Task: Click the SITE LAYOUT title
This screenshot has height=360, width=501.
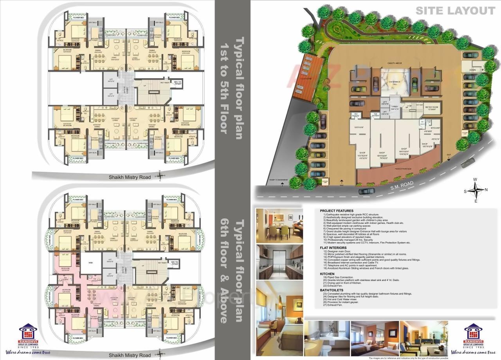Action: point(455,11)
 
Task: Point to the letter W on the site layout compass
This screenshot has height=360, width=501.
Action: point(475,180)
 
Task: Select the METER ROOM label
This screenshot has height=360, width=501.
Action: point(431,108)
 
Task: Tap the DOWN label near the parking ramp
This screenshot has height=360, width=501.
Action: point(472,70)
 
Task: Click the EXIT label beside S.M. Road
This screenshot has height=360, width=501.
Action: point(449,155)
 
